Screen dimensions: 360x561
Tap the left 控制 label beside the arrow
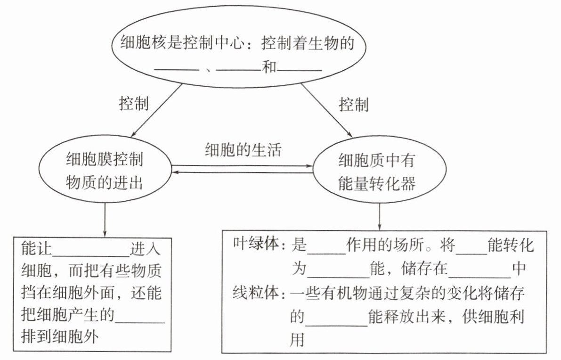[x=134, y=103]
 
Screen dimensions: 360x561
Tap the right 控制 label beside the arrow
[x=353, y=104]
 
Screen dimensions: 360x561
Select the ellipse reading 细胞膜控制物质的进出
[x=105, y=172]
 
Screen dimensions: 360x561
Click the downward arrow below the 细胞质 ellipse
[x=379, y=217]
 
